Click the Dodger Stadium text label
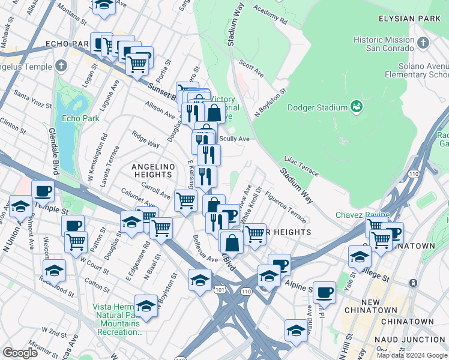tap(318, 107)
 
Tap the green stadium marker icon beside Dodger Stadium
tap(357, 107)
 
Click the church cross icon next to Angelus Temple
tap(62, 67)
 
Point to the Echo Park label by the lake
tap(80, 118)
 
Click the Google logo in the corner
tap(20, 352)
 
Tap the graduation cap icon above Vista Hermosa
tap(145, 305)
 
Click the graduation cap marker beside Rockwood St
tap(54, 270)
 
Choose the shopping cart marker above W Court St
tap(76, 242)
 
